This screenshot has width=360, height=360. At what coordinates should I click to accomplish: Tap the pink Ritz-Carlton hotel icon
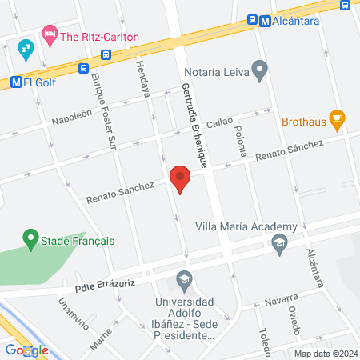(50, 34)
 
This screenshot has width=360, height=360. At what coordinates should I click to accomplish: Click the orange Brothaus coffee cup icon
(337, 120)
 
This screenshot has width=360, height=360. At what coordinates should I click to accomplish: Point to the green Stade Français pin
(30, 238)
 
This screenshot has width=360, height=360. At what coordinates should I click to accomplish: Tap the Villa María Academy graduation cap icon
(279, 243)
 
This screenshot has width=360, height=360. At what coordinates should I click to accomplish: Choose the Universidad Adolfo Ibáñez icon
(185, 281)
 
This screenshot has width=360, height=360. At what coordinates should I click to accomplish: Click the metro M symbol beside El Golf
(15, 82)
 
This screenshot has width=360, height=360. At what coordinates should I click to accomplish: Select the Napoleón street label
(73, 116)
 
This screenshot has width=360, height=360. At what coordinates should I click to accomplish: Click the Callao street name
(219, 125)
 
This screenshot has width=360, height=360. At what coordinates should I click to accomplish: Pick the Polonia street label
(240, 138)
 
